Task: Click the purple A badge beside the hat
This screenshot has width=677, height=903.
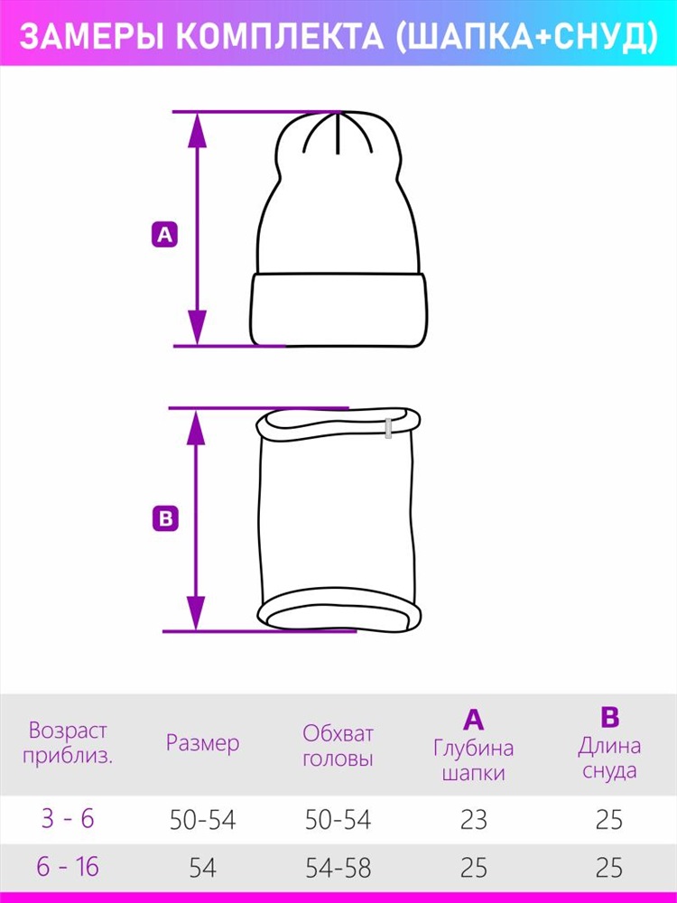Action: coord(164,235)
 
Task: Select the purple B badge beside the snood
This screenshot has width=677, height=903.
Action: coord(165,518)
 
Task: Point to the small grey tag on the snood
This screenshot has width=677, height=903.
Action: coord(388,428)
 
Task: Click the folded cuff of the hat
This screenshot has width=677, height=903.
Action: coord(339,309)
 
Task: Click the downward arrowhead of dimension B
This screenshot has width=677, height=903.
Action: coord(196,613)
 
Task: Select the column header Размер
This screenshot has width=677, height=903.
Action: coord(202,743)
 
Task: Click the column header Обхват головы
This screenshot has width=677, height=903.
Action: coord(338,746)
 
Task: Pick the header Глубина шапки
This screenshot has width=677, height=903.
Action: coord(473,759)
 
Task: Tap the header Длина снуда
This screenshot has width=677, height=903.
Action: coord(609,758)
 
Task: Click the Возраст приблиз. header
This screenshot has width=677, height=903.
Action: coord(68,743)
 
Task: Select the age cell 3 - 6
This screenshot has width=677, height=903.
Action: coord(68,818)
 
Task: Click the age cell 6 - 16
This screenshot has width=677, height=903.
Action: coord(68,867)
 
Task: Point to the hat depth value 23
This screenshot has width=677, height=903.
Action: coord(474,820)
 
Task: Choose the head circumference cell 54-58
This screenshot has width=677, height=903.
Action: coord(338,868)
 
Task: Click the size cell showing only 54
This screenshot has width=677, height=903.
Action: coord(202,868)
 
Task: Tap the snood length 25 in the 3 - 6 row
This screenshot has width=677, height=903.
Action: coord(609,820)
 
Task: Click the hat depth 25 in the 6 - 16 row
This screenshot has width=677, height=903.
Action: coord(474,868)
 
